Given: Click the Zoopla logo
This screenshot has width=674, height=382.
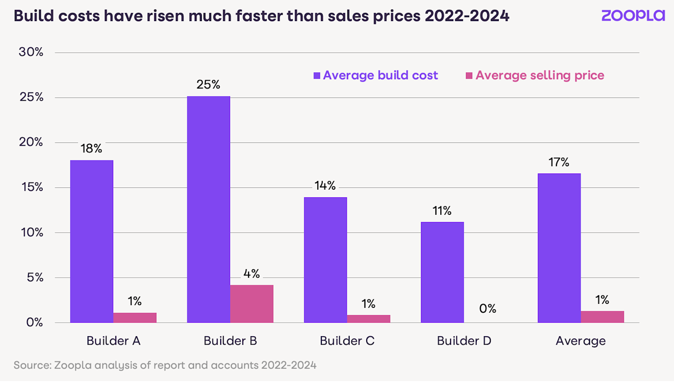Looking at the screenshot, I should [633, 16].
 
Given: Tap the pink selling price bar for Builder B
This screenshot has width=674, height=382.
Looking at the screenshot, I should [252, 304].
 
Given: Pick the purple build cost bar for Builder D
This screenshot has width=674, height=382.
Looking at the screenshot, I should [442, 272].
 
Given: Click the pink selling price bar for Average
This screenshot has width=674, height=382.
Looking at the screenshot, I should [602, 317].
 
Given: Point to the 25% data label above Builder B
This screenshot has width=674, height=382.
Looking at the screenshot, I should [208, 84].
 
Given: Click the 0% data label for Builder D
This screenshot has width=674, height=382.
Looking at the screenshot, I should [488, 309].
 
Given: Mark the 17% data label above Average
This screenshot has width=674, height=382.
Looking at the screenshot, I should [559, 162].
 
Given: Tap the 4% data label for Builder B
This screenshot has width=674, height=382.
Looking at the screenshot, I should [252, 274].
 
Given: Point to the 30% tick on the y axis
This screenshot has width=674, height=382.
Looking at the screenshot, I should [31, 52].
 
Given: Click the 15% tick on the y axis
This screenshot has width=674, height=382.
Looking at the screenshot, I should [32, 187].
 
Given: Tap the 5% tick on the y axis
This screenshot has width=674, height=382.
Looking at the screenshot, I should [35, 277].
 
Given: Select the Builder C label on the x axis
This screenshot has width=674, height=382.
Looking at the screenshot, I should [347, 341].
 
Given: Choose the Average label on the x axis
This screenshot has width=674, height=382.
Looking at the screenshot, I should [581, 341].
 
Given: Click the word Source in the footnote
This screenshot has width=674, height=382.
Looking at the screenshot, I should [32, 365].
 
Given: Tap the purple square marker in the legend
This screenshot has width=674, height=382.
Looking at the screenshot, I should [317, 76].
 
